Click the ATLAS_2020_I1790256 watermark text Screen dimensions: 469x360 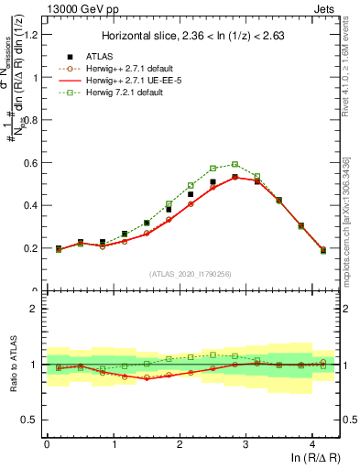click(x=191, y=273)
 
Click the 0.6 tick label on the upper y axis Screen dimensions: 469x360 click(x=32, y=163)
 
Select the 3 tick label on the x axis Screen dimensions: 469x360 click(x=245, y=443)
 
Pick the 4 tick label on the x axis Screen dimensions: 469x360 click(x=312, y=443)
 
